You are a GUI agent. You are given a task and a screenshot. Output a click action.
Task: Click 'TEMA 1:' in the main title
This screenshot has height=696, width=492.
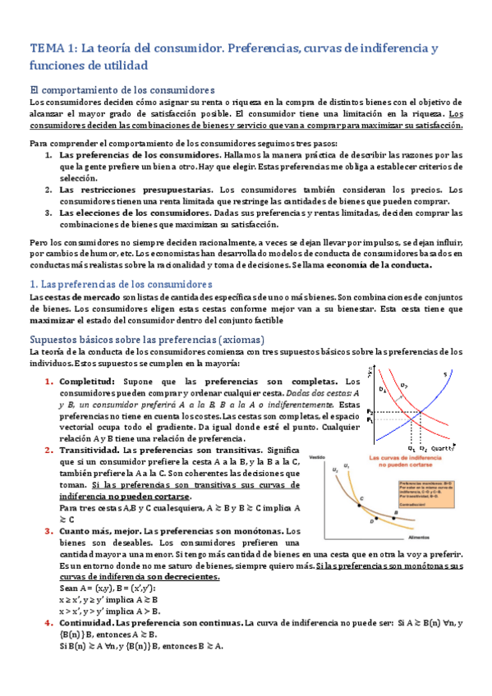pyautogui.click(x=53, y=48)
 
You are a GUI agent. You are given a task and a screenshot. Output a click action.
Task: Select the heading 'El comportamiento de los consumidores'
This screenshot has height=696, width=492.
pyautogui.click(x=122, y=89)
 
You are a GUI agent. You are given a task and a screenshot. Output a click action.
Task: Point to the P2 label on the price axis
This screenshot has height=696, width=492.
pyautogui.click(x=370, y=411)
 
